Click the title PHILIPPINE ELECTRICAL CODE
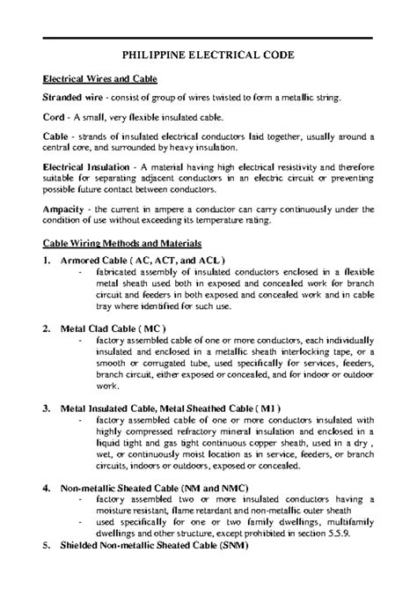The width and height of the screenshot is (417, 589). click(x=208, y=55)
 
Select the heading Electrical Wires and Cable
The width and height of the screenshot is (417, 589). click(x=100, y=78)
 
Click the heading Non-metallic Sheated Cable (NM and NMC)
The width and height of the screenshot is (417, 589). click(x=155, y=487)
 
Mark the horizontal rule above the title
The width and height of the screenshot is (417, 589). click(x=208, y=37)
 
